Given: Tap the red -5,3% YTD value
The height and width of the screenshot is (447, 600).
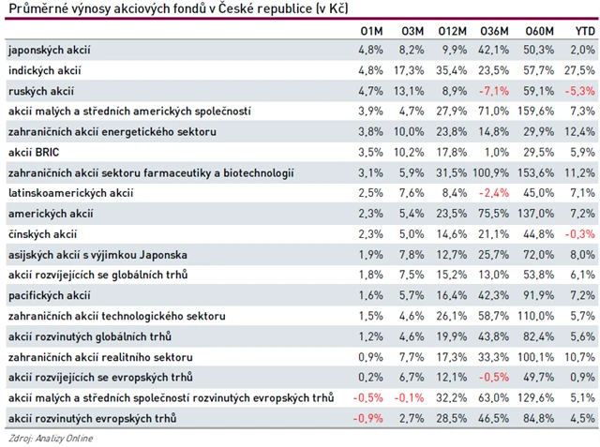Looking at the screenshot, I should pyautogui.click(x=581, y=91).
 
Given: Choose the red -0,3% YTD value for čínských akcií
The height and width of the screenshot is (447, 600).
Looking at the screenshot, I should pyautogui.click(x=581, y=233).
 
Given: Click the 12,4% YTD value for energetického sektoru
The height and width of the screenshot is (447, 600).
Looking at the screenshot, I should pyautogui.click(x=581, y=132).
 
